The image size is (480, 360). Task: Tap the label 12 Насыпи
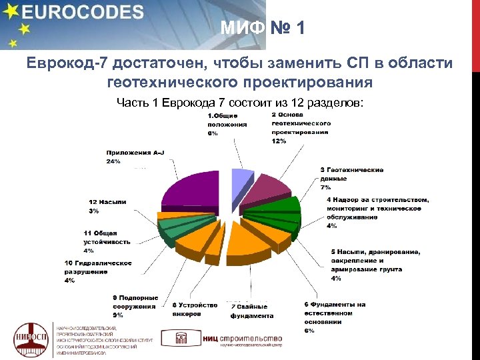(x=107, y=202)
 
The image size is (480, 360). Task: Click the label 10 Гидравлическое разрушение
(x=97, y=267)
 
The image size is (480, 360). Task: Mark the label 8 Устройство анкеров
(x=194, y=309)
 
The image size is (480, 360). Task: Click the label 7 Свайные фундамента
(x=252, y=311)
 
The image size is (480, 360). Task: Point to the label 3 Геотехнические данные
(x=352, y=174)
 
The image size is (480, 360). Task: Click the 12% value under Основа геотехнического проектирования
(x=279, y=141)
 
